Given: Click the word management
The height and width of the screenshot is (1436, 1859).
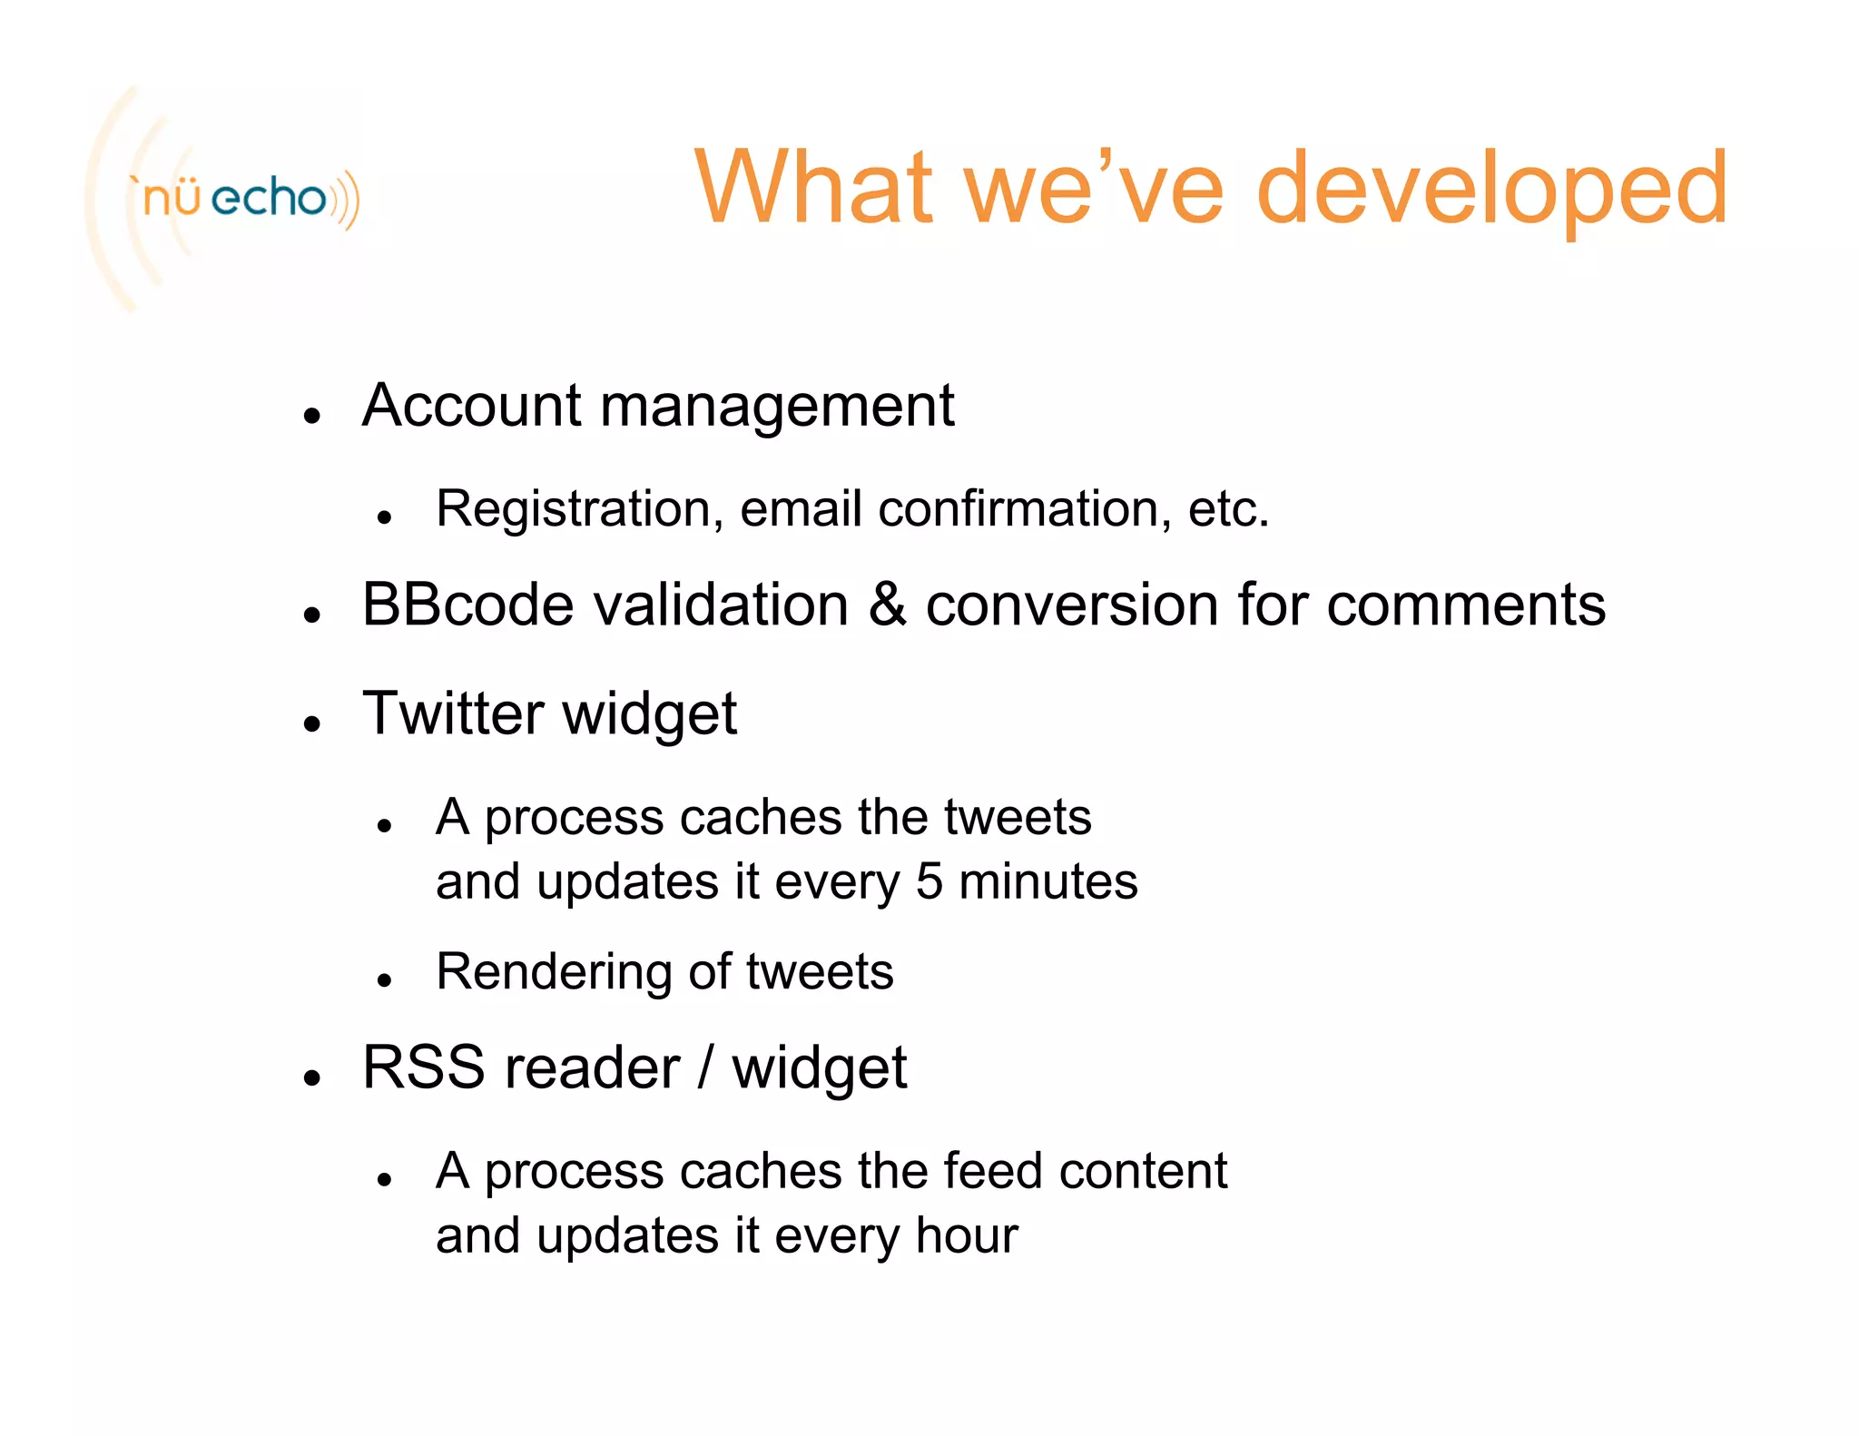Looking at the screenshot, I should tap(777, 407).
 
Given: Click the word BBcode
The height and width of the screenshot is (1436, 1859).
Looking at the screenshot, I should tap(467, 605).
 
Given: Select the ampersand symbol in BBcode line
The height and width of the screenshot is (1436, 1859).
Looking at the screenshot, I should tap(887, 605).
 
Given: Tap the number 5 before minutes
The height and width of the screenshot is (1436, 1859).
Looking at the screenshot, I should tap(929, 881).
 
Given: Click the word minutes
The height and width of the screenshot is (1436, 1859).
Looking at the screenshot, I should tap(1048, 881).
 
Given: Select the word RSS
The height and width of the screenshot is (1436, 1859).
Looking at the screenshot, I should tap(423, 1067).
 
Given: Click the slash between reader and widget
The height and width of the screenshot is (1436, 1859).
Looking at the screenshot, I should tap(705, 1067).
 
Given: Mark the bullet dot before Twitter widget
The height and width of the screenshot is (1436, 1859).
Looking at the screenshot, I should tap(313, 723).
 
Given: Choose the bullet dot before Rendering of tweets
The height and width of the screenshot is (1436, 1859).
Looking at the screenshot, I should tap(385, 980).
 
